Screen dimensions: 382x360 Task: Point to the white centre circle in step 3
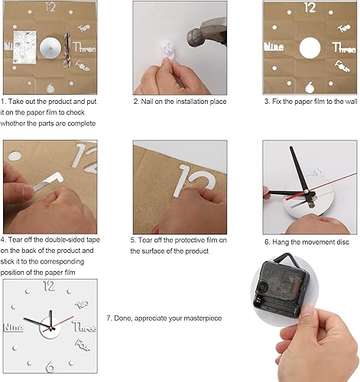(310, 47)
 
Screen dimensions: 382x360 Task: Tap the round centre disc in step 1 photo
(50, 47)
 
